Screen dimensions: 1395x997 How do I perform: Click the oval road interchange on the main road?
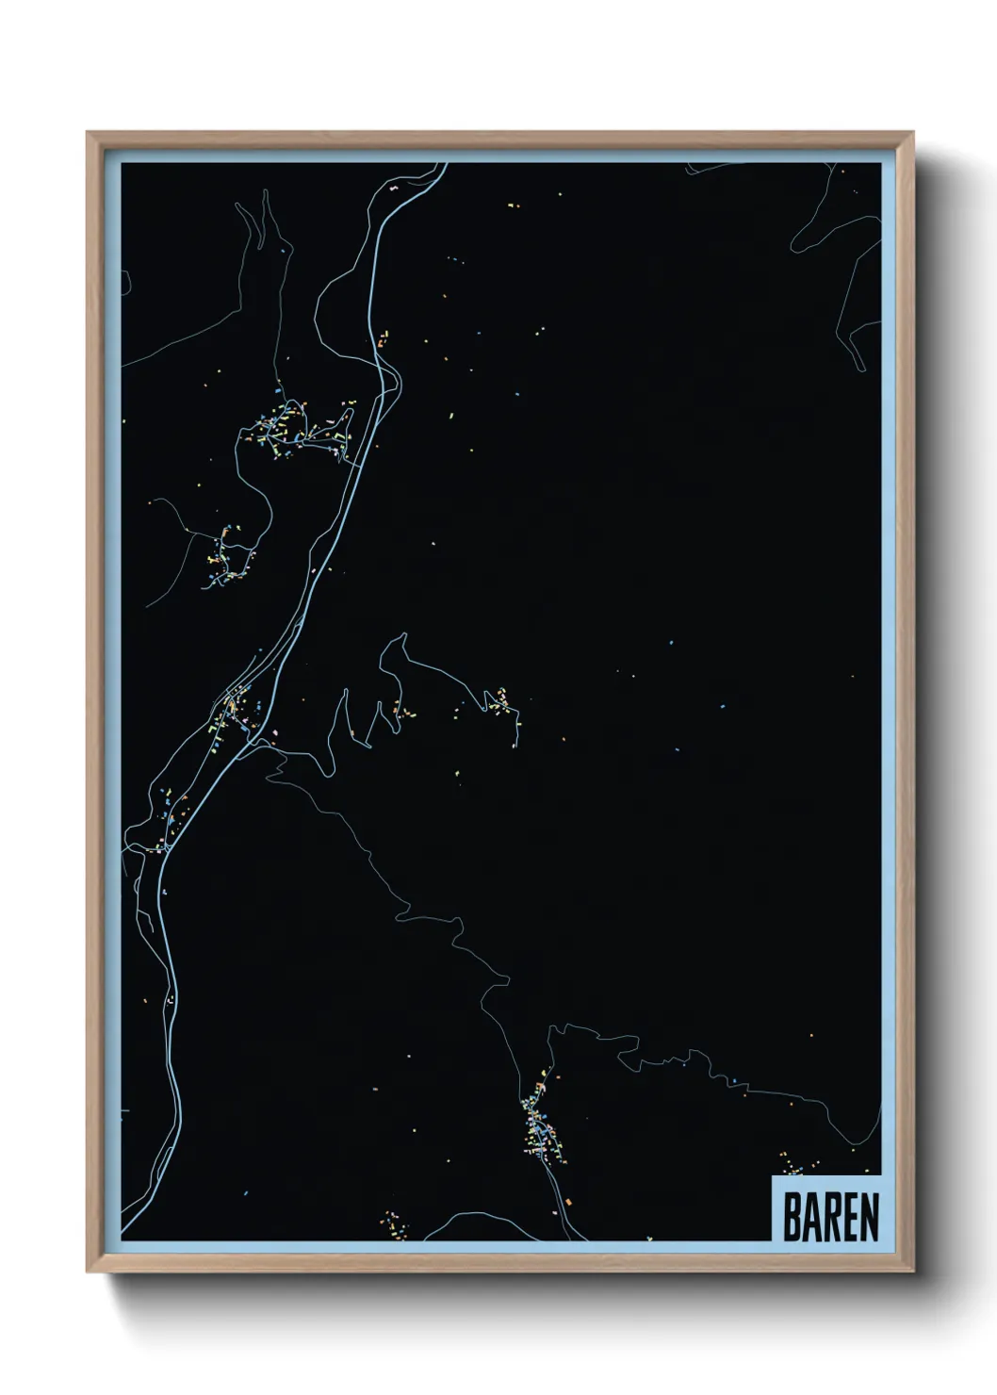point(388,386)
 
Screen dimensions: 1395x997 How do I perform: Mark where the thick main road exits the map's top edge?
point(443,166)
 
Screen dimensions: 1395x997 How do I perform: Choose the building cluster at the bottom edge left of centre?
point(392,1223)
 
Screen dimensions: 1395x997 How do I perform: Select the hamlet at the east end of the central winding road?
point(500,704)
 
